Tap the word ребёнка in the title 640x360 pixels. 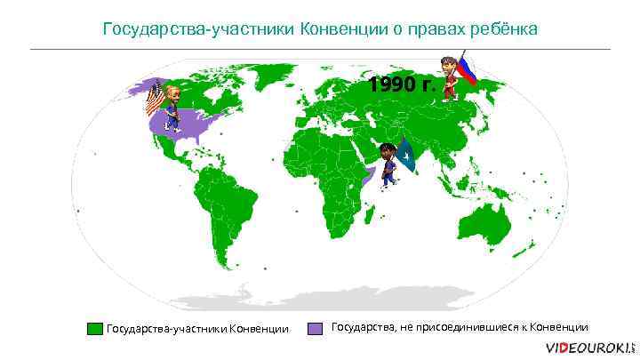pos(503,29)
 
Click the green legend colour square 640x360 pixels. pos(94,329)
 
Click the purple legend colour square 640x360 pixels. pos(315,328)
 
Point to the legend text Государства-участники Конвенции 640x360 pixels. pos(197,330)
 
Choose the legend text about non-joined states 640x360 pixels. pos(460,327)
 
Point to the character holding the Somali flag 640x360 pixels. pos(388,163)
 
